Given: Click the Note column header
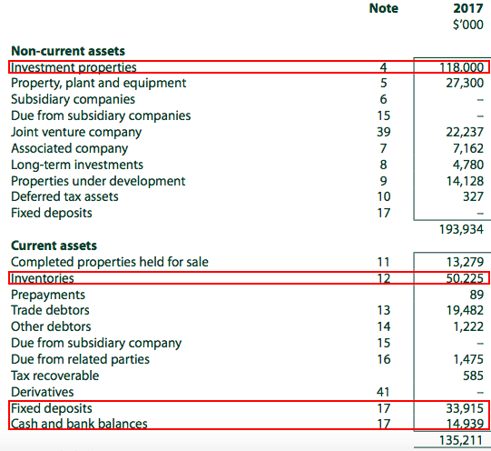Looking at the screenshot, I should click(x=383, y=9).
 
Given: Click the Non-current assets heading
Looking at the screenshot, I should click(x=68, y=51).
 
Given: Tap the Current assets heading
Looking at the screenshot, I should click(x=54, y=246).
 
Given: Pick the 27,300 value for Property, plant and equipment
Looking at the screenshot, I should click(x=465, y=83).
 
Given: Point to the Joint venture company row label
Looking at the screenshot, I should click(x=76, y=132).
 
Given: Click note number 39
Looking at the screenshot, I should click(x=383, y=132).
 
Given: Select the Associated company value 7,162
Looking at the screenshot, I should click(x=468, y=148).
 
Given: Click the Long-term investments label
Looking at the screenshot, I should click(x=76, y=165).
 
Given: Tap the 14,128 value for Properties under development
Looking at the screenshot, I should click(x=465, y=181).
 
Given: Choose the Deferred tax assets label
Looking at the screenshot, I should click(x=64, y=196).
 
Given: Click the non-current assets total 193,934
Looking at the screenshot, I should click(x=462, y=228).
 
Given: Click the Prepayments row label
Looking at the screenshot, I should click(x=48, y=295).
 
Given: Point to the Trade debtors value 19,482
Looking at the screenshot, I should click(x=465, y=311).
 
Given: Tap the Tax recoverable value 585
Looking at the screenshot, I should click(x=473, y=376).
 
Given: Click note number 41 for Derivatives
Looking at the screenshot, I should click(x=383, y=392).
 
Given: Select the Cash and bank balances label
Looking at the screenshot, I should click(x=79, y=424).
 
